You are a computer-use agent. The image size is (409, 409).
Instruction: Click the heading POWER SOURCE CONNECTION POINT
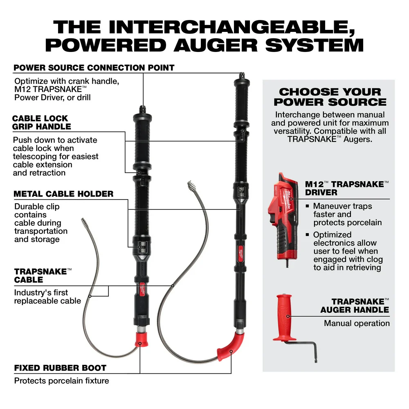point(94,68)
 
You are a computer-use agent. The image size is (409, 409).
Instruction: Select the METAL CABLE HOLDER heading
point(63,193)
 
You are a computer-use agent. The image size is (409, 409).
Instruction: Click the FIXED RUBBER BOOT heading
point(60,368)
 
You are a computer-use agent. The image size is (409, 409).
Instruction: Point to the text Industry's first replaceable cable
point(47,297)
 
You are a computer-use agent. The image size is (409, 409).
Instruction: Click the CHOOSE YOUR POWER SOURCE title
point(330,97)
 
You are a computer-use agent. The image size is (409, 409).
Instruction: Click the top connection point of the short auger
point(143,109)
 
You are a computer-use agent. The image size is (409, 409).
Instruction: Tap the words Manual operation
point(357,323)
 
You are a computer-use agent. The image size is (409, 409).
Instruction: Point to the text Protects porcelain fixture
point(61,381)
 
